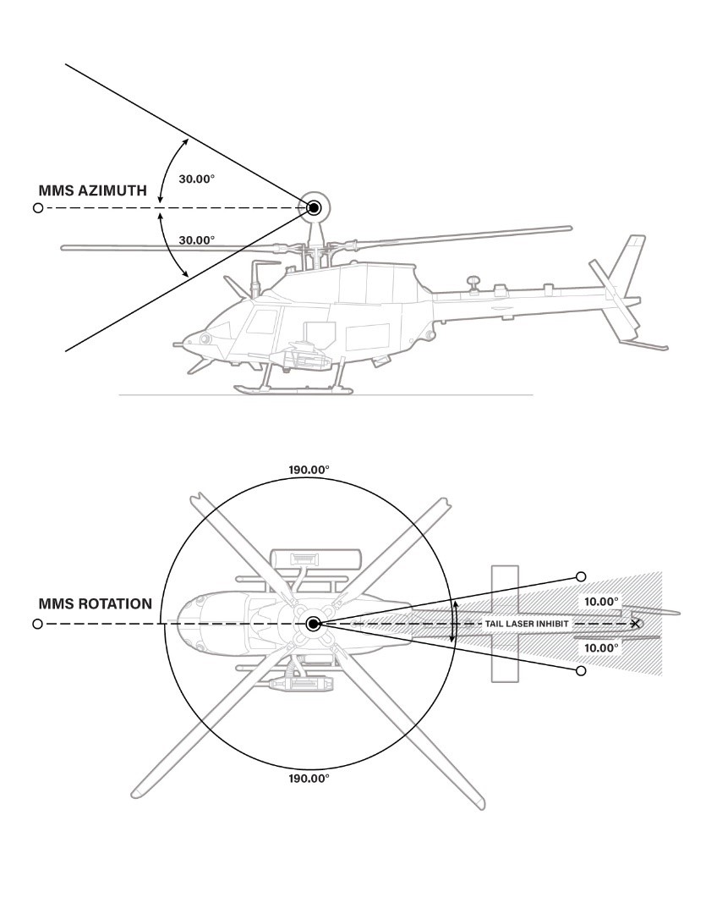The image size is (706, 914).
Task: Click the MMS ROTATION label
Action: click(96, 604)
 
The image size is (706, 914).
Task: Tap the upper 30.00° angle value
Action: click(197, 179)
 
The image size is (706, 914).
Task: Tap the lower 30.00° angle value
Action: click(197, 240)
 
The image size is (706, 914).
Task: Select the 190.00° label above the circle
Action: click(309, 469)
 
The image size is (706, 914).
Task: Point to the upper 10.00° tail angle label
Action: click(601, 601)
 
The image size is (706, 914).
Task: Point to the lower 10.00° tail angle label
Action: click(601, 647)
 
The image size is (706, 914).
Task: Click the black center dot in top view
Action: click(314, 625)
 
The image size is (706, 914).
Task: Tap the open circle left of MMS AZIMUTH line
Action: click(37, 208)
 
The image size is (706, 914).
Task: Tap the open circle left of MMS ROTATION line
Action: click(37, 625)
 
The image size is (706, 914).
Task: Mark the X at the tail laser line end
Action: click(635, 624)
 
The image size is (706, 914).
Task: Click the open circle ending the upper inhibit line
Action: click(581, 576)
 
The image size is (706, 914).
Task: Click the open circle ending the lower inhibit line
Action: click(581, 671)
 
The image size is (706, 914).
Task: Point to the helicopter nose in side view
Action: click(178, 344)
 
